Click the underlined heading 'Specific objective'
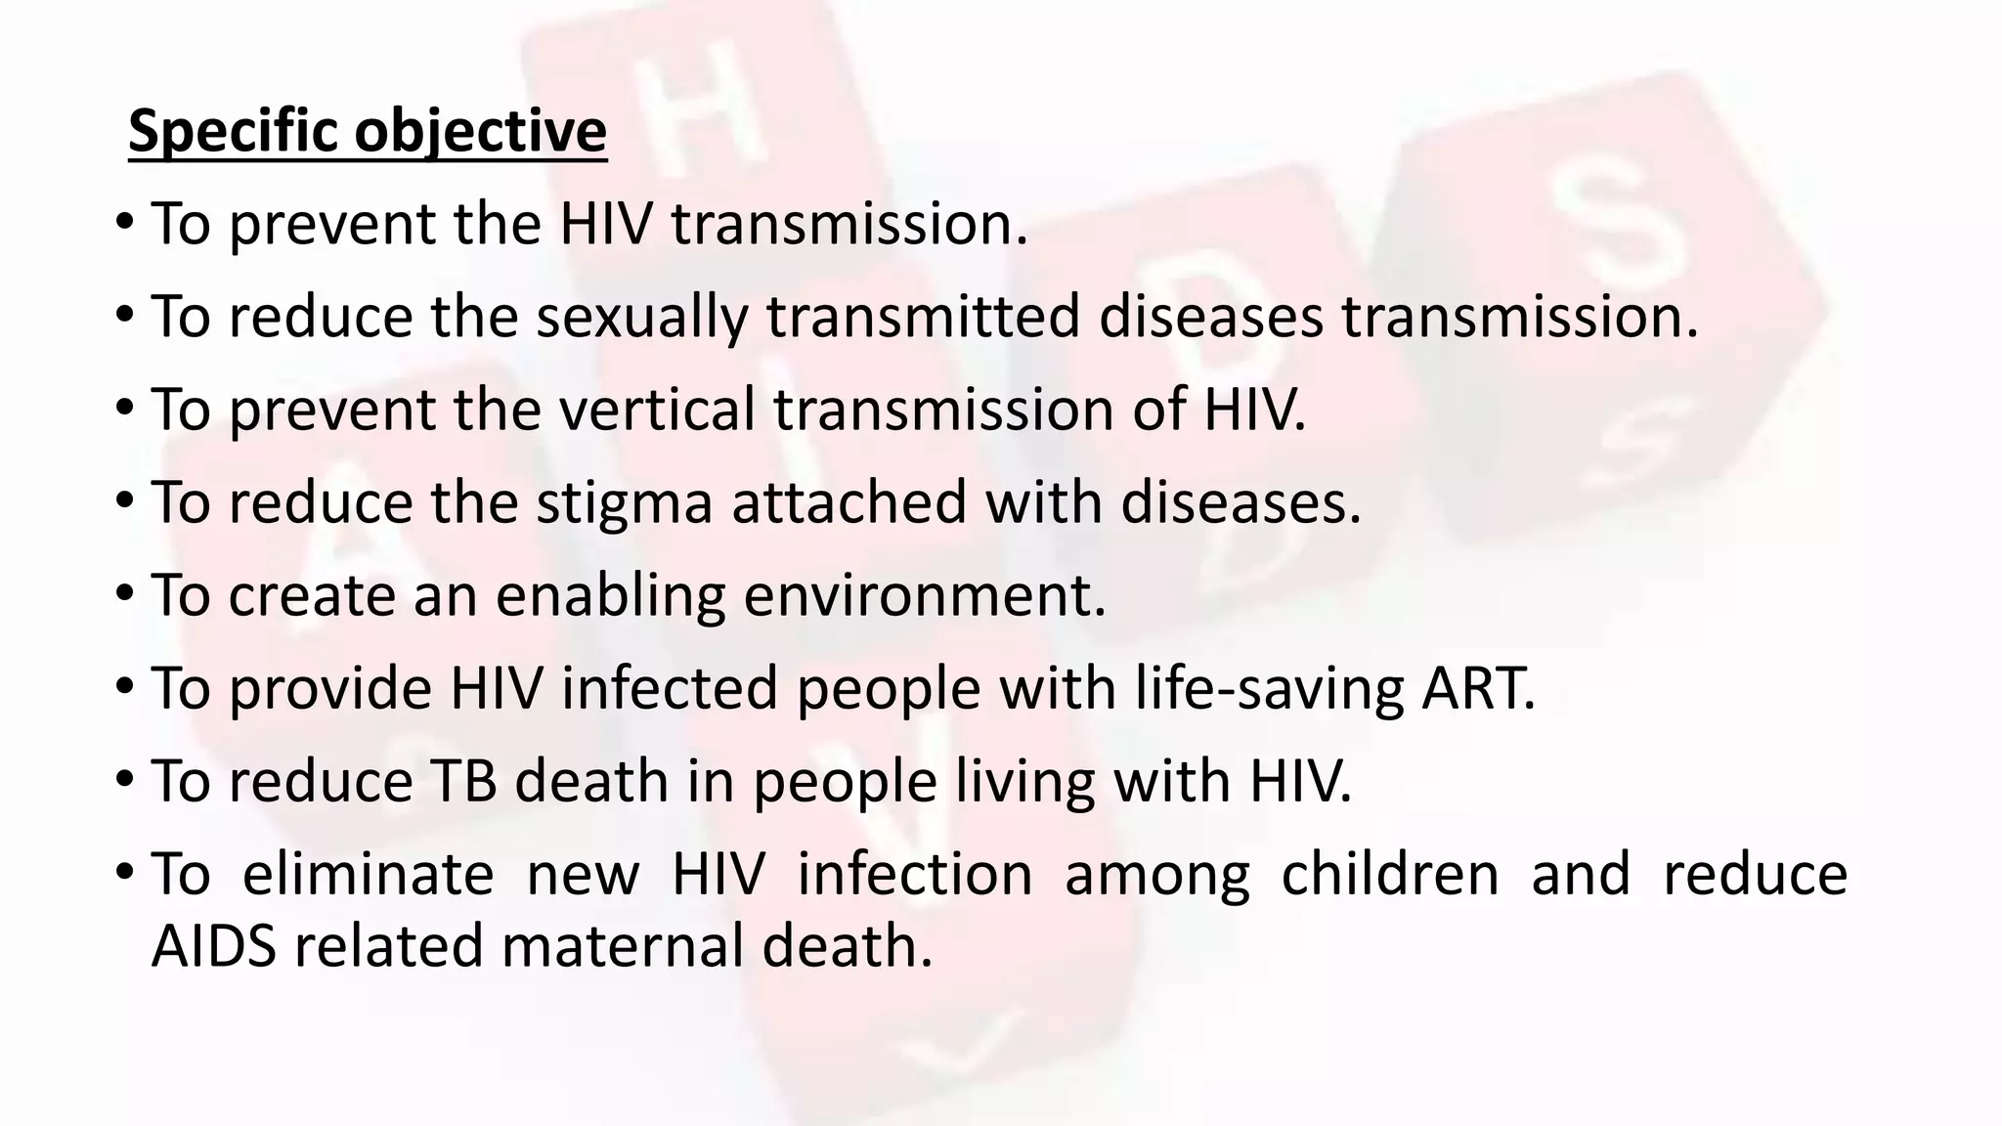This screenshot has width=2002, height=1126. tap(368, 131)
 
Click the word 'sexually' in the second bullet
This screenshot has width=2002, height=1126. tap(640, 318)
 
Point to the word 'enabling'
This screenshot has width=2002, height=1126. tap(611, 595)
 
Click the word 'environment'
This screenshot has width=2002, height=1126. tap(924, 595)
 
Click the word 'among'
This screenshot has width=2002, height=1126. tap(1156, 875)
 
